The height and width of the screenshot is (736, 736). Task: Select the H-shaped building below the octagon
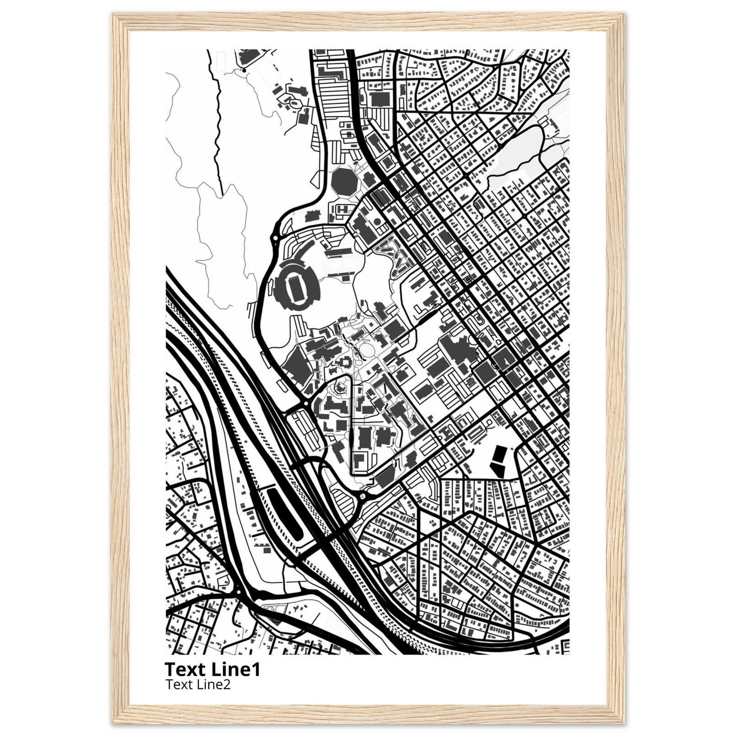tap(342, 209)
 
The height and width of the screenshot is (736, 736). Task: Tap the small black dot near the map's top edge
tap(244, 70)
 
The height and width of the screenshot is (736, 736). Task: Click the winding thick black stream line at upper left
tap(218, 126)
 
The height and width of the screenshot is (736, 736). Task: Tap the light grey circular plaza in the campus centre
tap(367, 349)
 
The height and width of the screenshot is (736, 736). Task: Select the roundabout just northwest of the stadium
tap(275, 238)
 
